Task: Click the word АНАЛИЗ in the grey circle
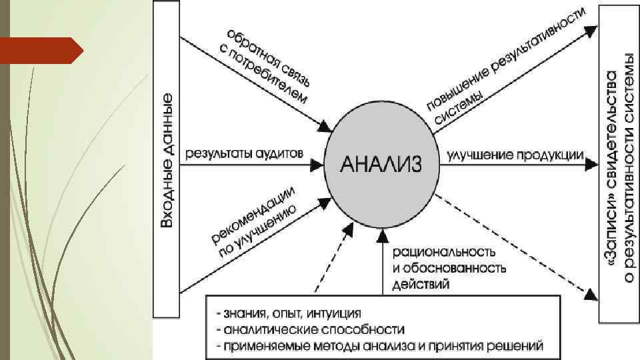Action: [x=381, y=163]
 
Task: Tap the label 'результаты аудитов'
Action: [x=245, y=153]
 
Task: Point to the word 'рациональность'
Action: [x=443, y=253]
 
